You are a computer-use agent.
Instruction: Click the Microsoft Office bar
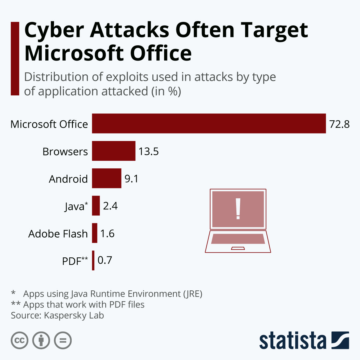coord(209,123)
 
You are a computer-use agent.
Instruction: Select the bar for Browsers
coord(114,151)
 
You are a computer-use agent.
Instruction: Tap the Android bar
coord(106,178)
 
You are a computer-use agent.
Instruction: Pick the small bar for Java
coord(96,205)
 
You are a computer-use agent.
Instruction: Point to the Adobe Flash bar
coord(94,233)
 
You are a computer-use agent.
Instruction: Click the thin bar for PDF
coord(93,260)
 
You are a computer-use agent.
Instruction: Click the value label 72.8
coord(339,124)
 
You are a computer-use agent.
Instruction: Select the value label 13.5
coord(148,151)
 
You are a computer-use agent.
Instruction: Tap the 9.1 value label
coord(131,179)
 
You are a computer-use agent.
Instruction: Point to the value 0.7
coord(105,260)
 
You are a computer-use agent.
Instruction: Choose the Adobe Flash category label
coord(58,234)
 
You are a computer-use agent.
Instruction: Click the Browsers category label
coord(65,152)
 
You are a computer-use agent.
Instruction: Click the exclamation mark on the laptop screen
coord(238,208)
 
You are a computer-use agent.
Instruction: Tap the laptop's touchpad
coord(238,248)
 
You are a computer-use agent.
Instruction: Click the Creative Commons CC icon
coord(19,340)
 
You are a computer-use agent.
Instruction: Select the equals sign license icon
coord(63,340)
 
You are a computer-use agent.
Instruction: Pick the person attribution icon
coord(41,340)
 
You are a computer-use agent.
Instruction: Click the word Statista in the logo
coord(292,340)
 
